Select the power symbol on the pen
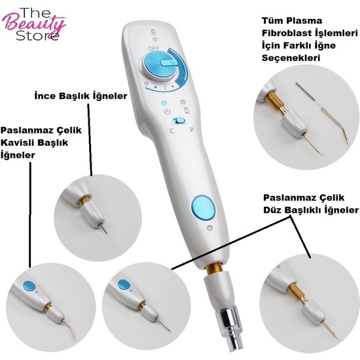pyautogui.click(x=168, y=113)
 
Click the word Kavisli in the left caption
pyautogui.click(x=20, y=143)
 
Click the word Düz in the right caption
pyautogui.click(x=274, y=210)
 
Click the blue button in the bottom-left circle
pyautogui.click(x=29, y=286)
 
